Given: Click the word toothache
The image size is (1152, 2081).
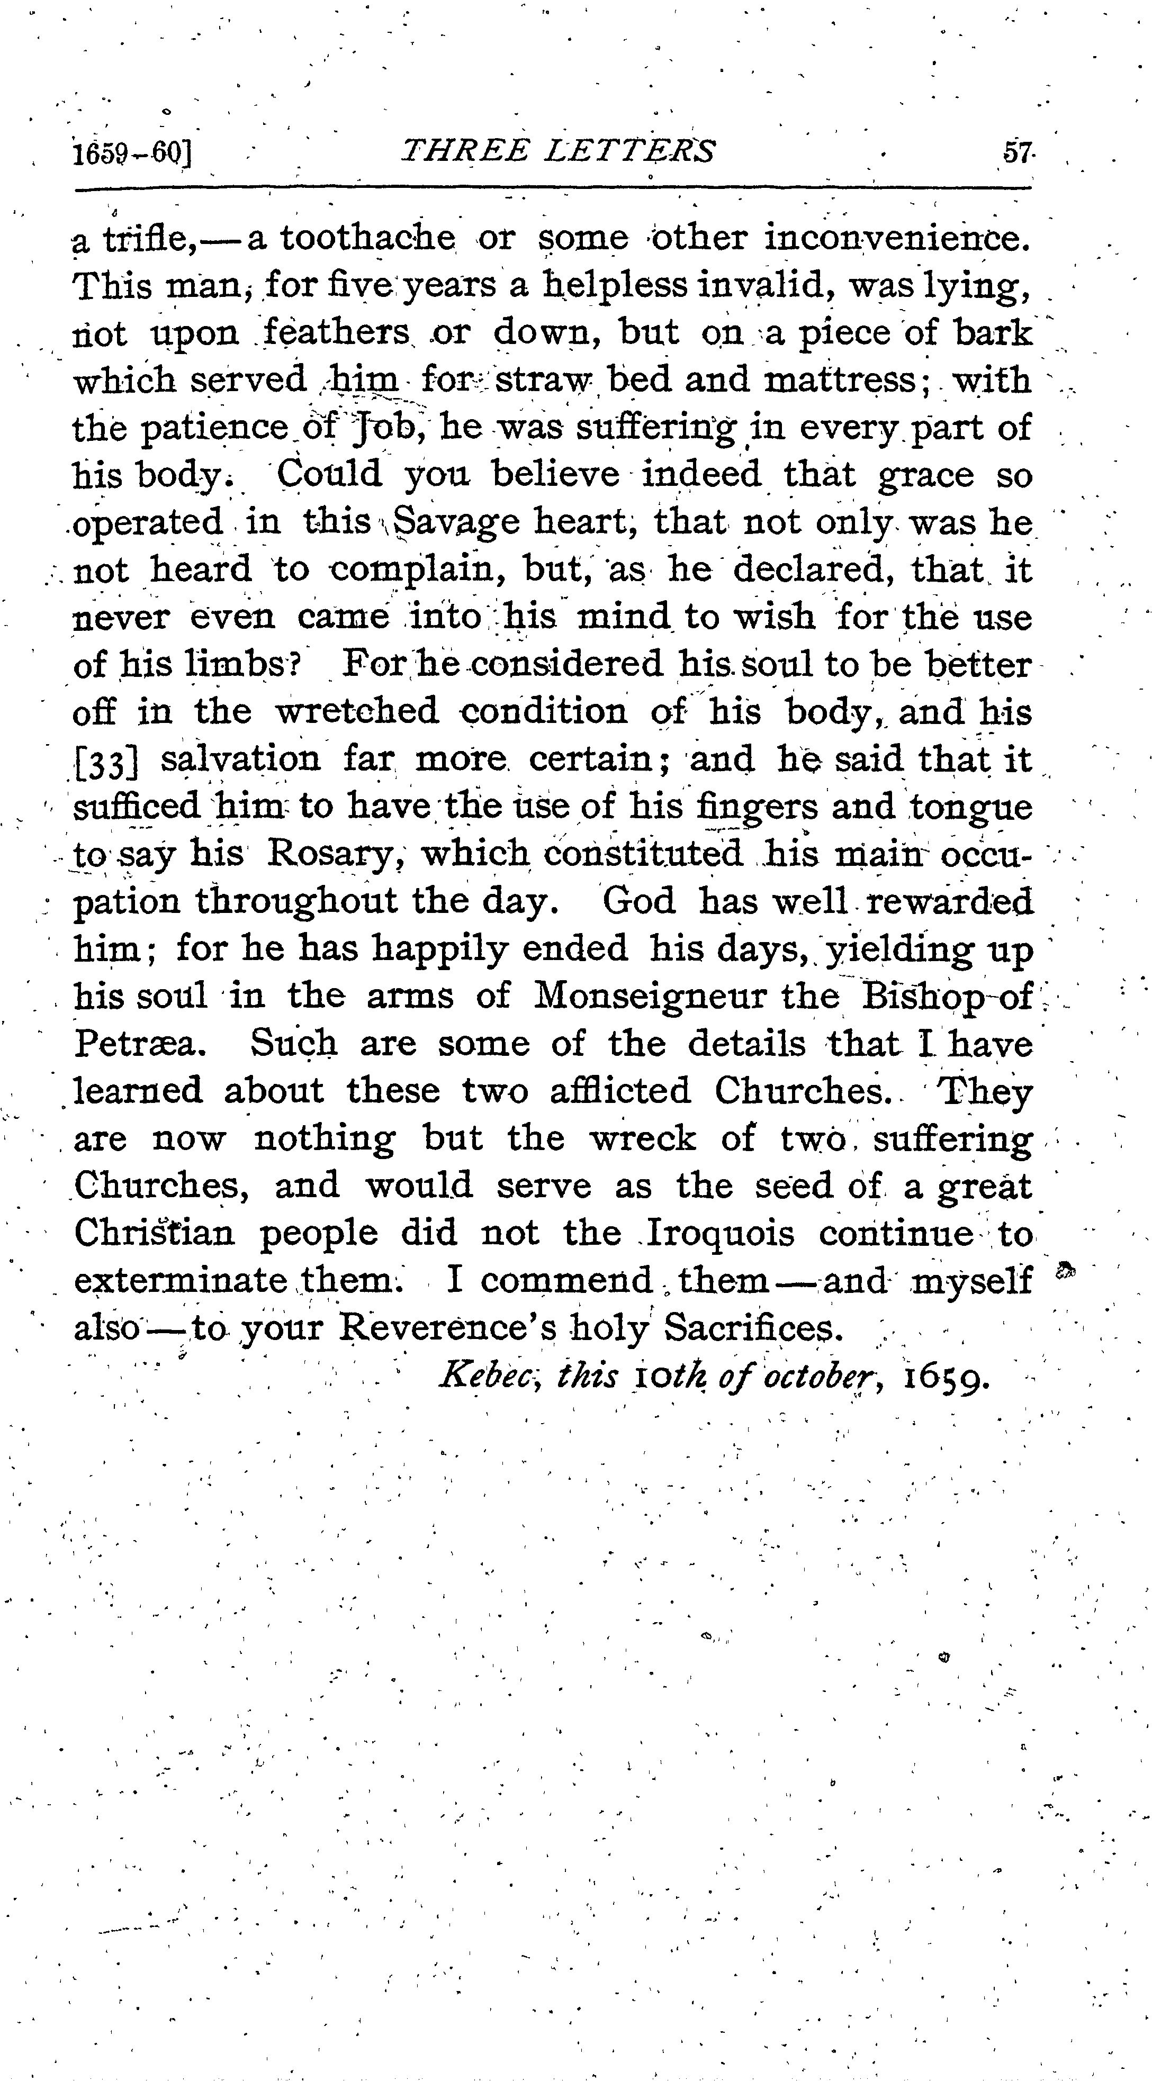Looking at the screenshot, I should click(367, 238).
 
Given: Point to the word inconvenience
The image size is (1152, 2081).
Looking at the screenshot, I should click(897, 238).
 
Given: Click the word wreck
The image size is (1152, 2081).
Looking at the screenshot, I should click(642, 1139).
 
